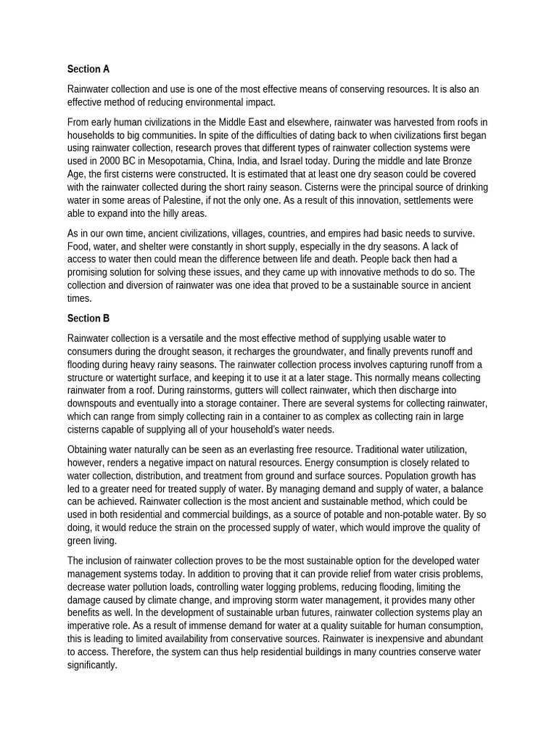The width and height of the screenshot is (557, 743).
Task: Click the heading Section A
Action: pos(88,69)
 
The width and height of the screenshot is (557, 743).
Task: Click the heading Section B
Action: pos(88,318)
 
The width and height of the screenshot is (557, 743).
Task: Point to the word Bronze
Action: pos(455,160)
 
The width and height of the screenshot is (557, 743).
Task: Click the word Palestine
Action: pos(192,200)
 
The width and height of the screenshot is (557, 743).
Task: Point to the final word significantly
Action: pos(91,665)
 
